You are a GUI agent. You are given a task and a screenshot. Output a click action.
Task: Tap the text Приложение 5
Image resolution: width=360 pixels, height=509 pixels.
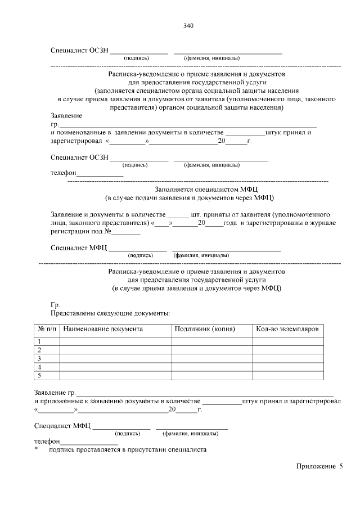coord(317,466)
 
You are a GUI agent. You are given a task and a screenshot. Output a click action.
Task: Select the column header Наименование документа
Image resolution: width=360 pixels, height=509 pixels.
coord(103,328)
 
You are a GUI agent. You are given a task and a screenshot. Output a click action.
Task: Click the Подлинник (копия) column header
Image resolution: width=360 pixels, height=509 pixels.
coord(205,328)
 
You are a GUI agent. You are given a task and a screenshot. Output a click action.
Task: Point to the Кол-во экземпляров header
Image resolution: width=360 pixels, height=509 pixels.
coord(287,328)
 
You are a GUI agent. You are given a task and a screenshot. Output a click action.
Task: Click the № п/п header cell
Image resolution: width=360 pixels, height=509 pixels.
coord(47,328)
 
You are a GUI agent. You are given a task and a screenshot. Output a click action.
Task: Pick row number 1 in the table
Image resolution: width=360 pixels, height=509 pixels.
coord(39,341)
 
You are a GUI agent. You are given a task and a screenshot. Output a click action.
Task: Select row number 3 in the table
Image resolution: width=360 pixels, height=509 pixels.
coord(39,358)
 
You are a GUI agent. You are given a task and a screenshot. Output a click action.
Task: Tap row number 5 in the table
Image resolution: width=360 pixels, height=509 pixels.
coord(39,375)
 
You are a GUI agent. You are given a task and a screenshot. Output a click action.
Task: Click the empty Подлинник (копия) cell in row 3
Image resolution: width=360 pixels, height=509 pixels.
coord(211,358)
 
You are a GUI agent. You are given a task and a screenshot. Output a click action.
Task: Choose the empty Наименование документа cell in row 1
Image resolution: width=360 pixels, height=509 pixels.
coord(115,341)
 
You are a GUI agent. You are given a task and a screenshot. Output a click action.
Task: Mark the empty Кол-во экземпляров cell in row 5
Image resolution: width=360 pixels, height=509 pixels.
coord(287,375)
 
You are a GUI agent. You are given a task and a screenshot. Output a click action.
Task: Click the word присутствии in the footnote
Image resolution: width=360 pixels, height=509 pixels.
coord(150,450)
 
